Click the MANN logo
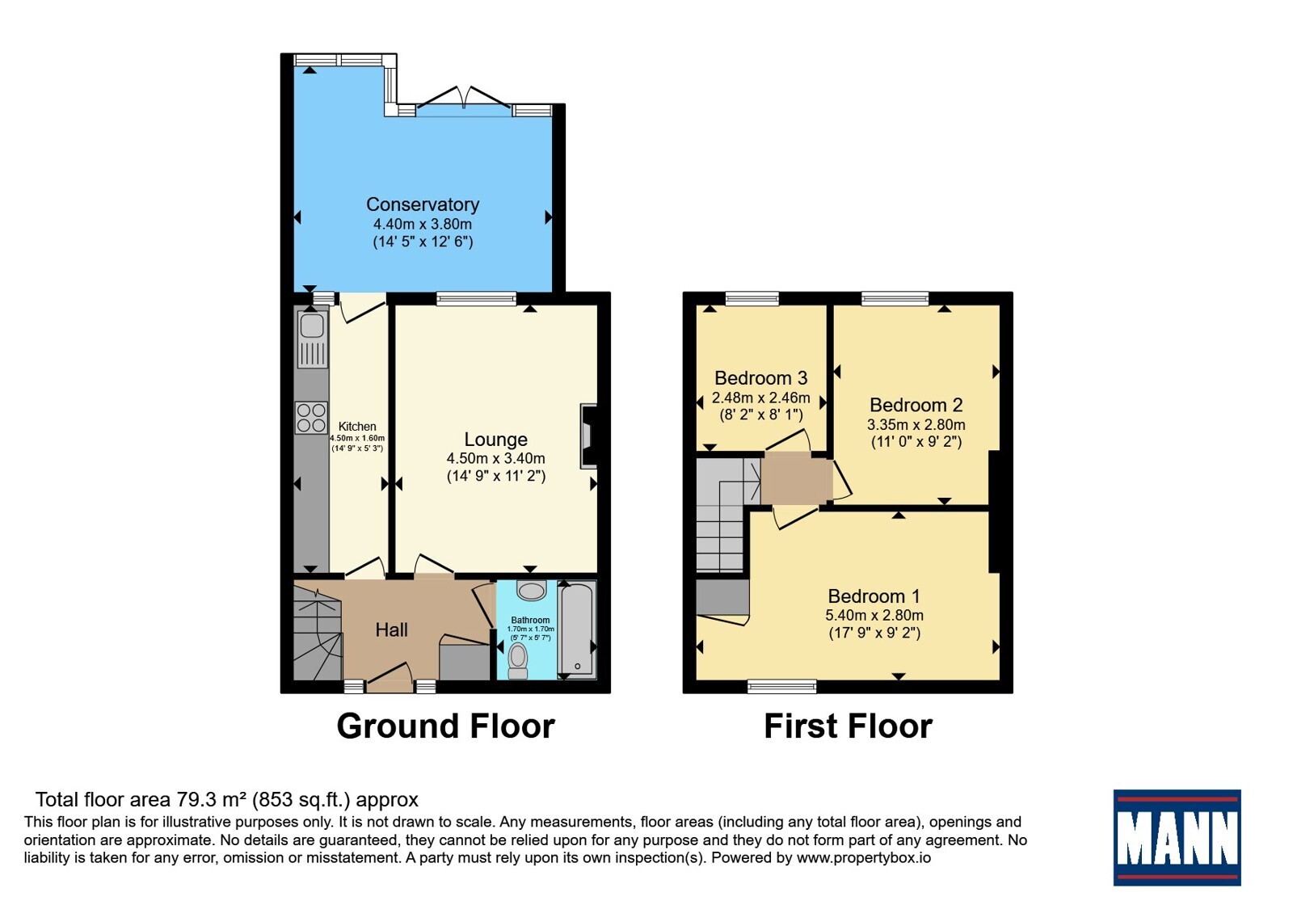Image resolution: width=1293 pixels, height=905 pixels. point(1177,837)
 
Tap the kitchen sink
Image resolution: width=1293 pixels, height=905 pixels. point(312,339)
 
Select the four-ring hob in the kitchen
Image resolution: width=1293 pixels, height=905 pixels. point(311,418)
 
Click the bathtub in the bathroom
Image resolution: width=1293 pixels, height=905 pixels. point(577,629)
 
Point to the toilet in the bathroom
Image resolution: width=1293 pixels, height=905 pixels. point(518,662)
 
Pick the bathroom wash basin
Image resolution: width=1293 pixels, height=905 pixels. point(531,590)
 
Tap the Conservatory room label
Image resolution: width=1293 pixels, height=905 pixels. point(423,204)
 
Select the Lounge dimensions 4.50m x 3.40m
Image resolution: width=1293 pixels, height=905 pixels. point(496,458)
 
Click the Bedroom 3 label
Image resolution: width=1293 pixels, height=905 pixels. point(760,378)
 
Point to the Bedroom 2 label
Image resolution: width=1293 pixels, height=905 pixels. point(916,405)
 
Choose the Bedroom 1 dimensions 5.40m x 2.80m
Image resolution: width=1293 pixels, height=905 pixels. point(874,615)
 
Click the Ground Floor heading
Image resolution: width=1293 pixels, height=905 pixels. point(445,726)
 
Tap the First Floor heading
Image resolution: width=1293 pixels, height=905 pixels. point(848,726)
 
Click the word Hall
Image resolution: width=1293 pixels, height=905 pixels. point(391,629)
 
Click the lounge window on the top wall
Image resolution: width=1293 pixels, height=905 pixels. point(476,298)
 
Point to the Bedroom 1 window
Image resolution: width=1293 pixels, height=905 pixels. point(782,686)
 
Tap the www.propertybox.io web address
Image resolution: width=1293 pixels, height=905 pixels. point(864,857)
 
